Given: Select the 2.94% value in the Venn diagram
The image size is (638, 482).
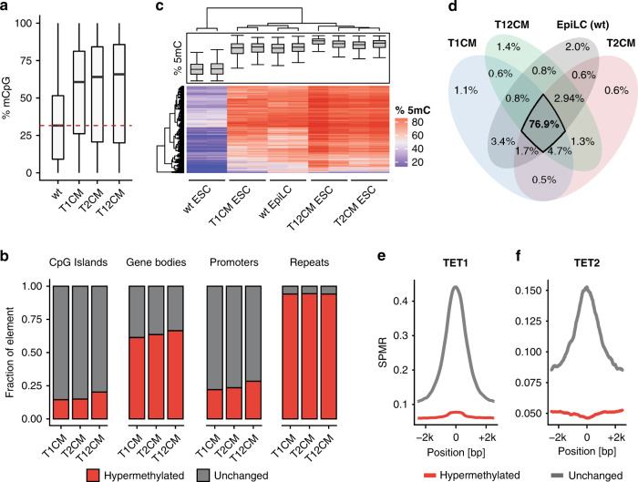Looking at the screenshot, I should pos(545,95).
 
